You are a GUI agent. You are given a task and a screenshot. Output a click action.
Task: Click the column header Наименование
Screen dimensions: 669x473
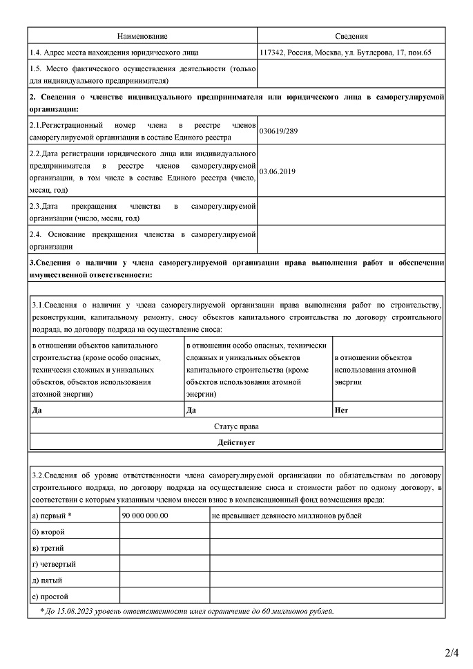pos(142,36)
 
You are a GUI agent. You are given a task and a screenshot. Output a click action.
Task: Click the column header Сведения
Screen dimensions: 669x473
pos(351,36)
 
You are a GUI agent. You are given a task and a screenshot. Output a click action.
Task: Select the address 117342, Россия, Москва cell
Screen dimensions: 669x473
pos(345,53)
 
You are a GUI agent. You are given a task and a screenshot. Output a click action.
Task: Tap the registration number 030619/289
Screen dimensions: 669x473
pos(278,130)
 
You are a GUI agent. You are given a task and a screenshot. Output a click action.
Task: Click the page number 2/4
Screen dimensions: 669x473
pos(452,652)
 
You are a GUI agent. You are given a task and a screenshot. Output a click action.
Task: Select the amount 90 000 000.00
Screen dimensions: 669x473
pos(144,516)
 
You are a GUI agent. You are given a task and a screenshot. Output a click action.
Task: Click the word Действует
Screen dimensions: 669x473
pos(236,442)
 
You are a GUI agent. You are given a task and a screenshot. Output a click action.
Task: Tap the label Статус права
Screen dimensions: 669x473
pos(236,426)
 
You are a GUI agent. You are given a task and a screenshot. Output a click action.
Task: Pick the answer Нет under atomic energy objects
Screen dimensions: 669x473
pos(340,410)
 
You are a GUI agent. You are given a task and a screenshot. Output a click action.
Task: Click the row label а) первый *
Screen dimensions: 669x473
pos(52,516)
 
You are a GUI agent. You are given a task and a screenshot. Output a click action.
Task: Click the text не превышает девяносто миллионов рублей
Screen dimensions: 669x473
pos(287,516)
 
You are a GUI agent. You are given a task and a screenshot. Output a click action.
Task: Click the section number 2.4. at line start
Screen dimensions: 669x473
pos(37,235)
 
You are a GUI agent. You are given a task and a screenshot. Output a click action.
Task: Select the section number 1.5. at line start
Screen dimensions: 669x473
pos(37,68)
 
